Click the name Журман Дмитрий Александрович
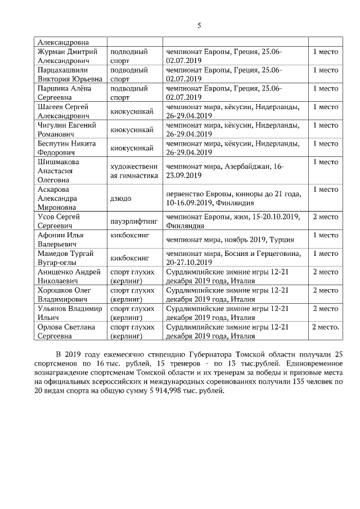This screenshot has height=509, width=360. coord(69,56)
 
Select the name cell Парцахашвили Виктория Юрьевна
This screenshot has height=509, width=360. coord(70,75)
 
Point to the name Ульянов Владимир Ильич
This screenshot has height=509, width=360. coord(69,313)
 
